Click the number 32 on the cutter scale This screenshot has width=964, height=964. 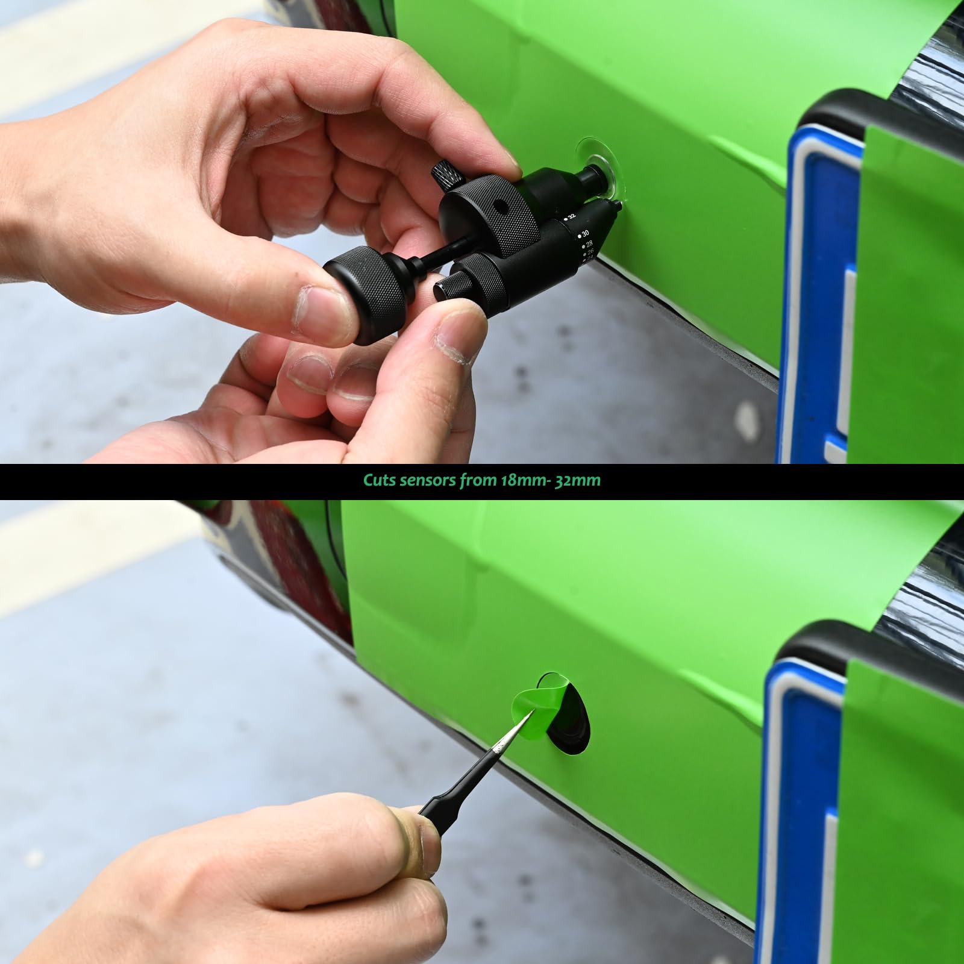(x=571, y=215)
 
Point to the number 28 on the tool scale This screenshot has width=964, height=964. (x=589, y=244)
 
